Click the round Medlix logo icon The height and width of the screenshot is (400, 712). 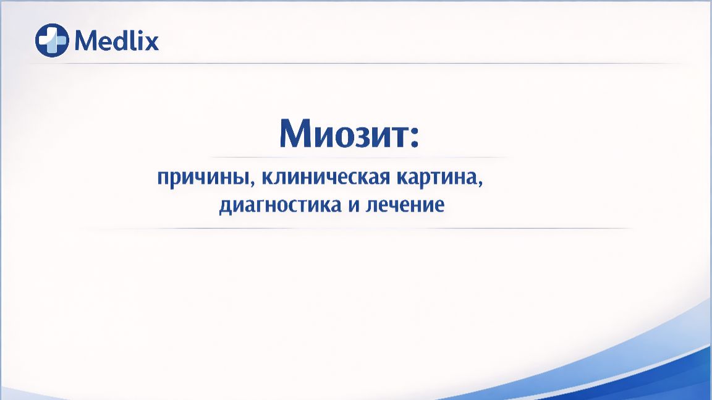pyautogui.click(x=52, y=40)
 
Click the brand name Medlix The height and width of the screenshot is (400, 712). pyautogui.click(x=116, y=41)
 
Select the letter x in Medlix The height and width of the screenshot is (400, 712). pyautogui.click(x=152, y=43)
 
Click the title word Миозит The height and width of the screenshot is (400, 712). pyautogui.click(x=341, y=132)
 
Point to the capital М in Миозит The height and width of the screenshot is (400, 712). pyautogui.click(x=294, y=132)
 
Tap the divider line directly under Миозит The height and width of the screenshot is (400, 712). pyautogui.click(x=358, y=157)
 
